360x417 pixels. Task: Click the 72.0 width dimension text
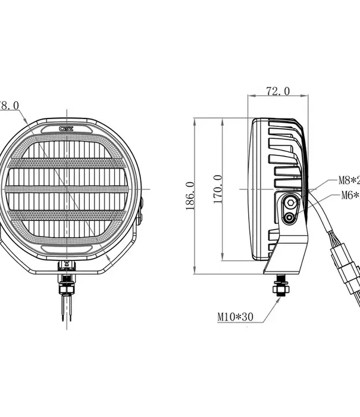(278, 91)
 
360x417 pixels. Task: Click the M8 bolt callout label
(349, 180)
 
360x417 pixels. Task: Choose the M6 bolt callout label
(349, 195)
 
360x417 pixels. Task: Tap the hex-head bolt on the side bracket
(290, 203)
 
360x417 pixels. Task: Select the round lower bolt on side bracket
(290, 219)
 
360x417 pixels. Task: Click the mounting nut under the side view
(279, 290)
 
